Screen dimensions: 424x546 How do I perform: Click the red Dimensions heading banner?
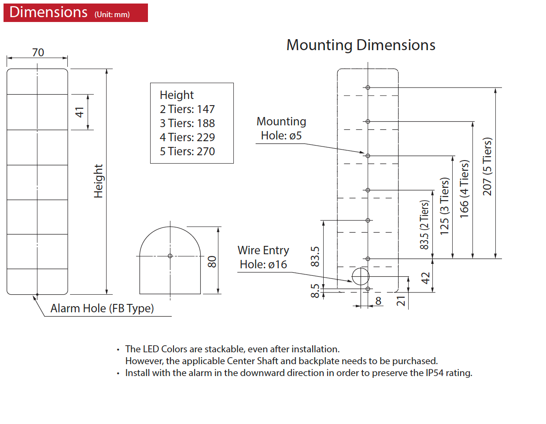[x=75, y=12]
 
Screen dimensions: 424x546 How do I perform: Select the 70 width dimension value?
[x=38, y=52]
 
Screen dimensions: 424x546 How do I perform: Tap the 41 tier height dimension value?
[x=79, y=112]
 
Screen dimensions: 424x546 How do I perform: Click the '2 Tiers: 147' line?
[x=187, y=109]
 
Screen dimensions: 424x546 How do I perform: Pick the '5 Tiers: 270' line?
[x=187, y=151]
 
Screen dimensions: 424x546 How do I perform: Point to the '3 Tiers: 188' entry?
[x=187, y=123]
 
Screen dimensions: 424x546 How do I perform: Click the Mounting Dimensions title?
[x=361, y=45]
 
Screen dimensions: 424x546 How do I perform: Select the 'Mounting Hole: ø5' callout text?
[x=281, y=128]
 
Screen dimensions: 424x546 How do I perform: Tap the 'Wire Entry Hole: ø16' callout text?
[x=263, y=257]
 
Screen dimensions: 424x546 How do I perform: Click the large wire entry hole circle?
[x=361, y=277]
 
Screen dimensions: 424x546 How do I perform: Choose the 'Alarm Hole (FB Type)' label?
[x=102, y=308]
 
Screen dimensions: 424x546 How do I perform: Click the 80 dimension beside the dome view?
[x=212, y=262]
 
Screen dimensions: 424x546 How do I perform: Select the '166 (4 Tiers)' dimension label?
[x=464, y=189]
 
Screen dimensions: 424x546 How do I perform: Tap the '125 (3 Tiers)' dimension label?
[x=444, y=206]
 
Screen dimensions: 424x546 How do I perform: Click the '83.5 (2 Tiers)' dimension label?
[x=424, y=225]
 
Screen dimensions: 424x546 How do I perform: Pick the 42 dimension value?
[x=425, y=278]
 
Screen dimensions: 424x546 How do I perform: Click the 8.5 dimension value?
[x=315, y=291]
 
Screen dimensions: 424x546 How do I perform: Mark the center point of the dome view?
[x=170, y=256]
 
